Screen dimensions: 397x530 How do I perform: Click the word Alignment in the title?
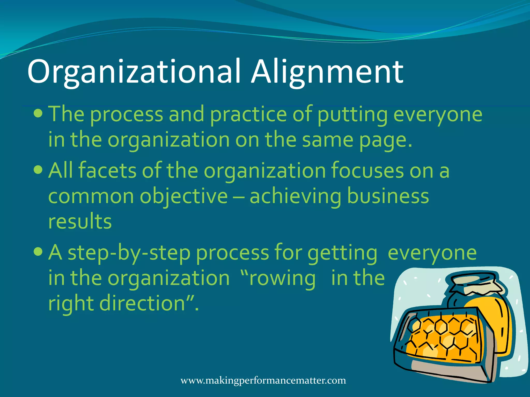click(x=327, y=72)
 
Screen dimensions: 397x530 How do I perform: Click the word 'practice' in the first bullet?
click(x=248, y=114)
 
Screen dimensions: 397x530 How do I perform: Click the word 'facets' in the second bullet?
click(x=107, y=171)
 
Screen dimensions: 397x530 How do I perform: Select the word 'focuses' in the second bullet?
click(x=367, y=171)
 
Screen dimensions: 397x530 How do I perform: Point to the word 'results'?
click(x=80, y=222)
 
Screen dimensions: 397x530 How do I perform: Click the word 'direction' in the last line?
click(x=142, y=303)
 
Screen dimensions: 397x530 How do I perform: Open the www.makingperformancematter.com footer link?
click(x=263, y=380)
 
